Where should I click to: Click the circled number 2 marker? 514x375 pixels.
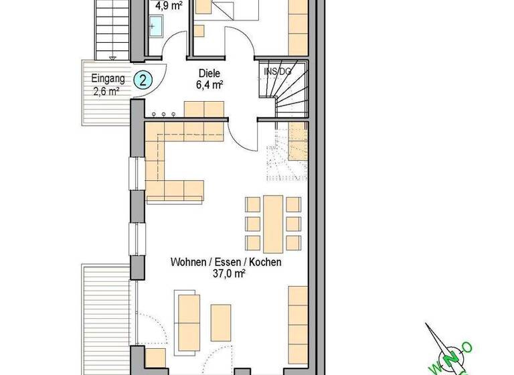143,80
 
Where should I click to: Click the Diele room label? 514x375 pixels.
209,74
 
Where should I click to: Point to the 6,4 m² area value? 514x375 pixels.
209,85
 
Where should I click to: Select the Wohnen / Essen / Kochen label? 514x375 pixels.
226,262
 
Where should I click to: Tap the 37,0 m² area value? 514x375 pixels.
226,274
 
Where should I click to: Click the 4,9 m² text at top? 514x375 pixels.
169,6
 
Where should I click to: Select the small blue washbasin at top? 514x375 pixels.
155,27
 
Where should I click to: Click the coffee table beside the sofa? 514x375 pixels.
221,322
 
